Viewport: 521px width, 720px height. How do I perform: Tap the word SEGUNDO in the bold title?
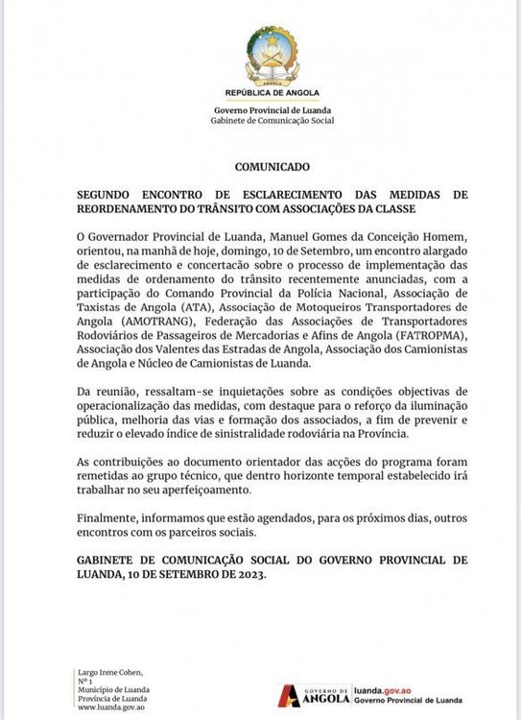pyautogui.click(x=107, y=194)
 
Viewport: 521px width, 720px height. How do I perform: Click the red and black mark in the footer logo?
pyautogui.click(x=289, y=695)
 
